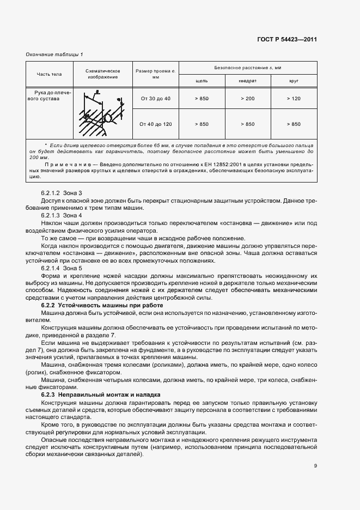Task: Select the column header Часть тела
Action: tap(48, 74)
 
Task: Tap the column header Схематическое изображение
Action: tap(103, 74)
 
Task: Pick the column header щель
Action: tap(202, 81)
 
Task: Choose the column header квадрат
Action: tap(247, 81)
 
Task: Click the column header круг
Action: tap(293, 81)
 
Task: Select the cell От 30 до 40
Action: tap(155, 99)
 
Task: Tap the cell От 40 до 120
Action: tap(155, 124)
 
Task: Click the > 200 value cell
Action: tap(247, 99)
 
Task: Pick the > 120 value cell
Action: tap(293, 99)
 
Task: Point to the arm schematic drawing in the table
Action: tap(102, 113)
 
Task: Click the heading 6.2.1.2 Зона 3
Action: tap(62, 193)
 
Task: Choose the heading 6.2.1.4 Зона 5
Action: tap(62, 268)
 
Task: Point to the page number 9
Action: tap(315, 466)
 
